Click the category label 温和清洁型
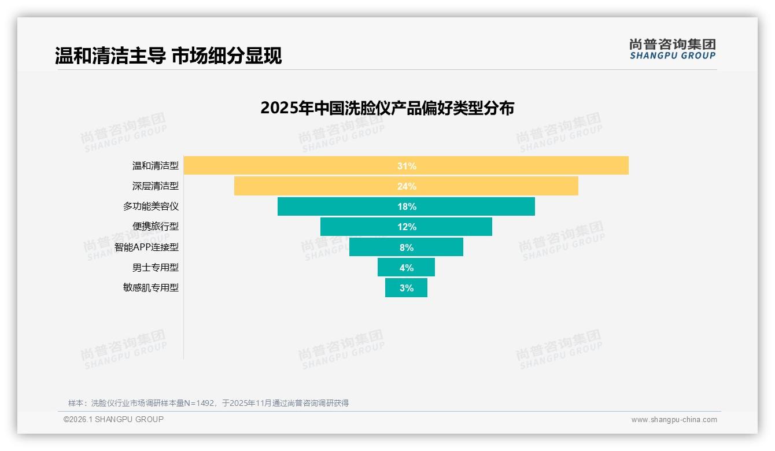[155, 166]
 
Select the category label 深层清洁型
[155, 186]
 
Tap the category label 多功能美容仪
[150, 206]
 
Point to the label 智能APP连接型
[146, 247]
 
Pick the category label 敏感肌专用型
[150, 287]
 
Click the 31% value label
[407, 166]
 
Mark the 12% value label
[407, 227]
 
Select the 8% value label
[407, 247]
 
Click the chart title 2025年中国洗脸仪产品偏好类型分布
[387, 108]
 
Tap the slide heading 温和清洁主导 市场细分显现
[168, 56]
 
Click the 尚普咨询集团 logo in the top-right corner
[673, 49]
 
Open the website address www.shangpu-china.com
[674, 420]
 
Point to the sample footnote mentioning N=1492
[208, 403]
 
